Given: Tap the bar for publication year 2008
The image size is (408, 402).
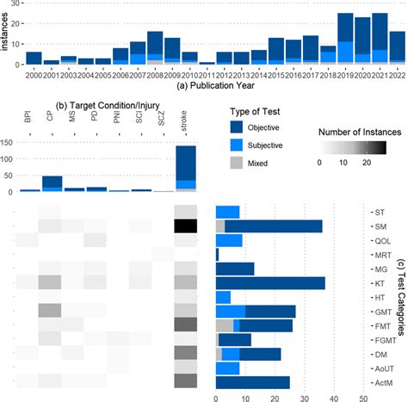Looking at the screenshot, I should coord(155,48).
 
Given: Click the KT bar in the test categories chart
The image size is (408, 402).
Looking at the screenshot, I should coord(269,282).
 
